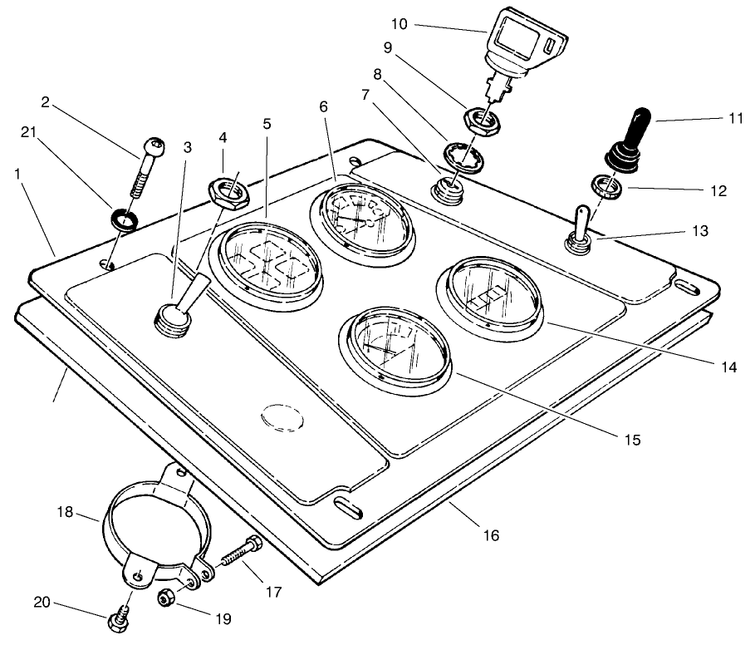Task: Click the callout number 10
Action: (x=400, y=24)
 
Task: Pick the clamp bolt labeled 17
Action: (x=240, y=553)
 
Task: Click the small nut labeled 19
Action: (x=165, y=597)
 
